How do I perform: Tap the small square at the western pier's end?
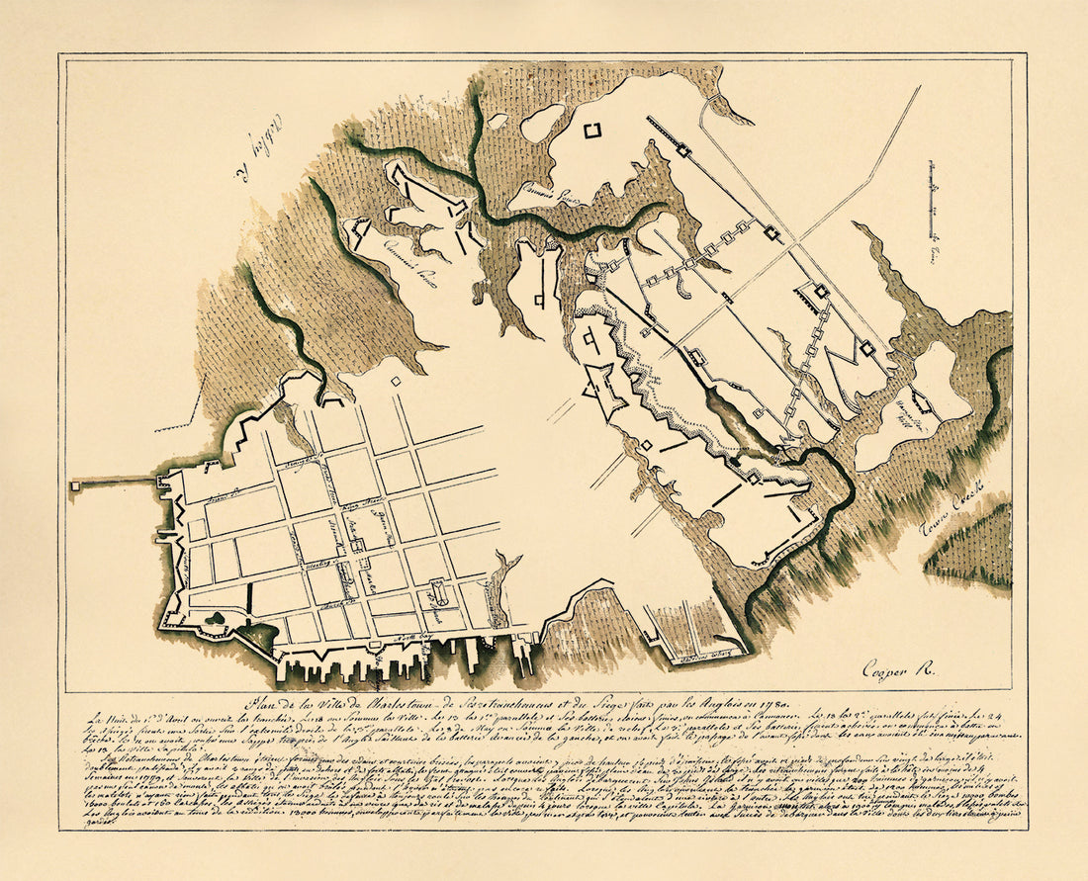tap(74, 485)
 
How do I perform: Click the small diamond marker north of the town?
tap(396, 381)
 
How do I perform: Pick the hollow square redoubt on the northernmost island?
tap(592, 131)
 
